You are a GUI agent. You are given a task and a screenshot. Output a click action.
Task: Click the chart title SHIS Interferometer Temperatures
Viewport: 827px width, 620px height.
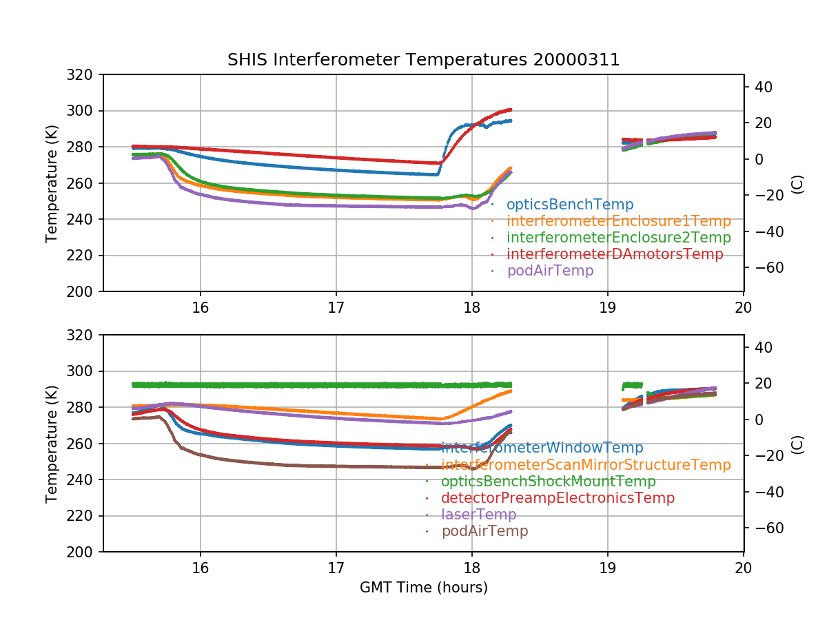coord(423,60)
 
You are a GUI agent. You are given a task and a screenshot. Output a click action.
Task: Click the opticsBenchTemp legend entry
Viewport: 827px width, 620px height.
coord(569,205)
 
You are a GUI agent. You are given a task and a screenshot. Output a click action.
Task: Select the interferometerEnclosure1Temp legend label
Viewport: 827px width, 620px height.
coord(618,221)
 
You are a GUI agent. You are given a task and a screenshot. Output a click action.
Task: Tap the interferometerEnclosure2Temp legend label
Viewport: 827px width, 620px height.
coord(618,238)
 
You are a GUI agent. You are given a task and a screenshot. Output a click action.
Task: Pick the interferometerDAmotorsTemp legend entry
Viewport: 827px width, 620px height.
coord(615,254)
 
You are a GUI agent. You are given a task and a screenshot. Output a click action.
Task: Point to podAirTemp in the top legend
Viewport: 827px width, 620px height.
coord(550,271)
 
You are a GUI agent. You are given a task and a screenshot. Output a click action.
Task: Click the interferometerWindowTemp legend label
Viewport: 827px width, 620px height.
coord(542,448)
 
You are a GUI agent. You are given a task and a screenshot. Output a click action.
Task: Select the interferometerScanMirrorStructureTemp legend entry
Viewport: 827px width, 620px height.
coord(586,465)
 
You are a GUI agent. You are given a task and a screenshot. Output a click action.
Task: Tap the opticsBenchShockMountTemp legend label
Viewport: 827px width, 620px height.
coord(549,482)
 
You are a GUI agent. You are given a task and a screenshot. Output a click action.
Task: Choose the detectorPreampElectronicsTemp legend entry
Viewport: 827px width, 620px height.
coord(558,498)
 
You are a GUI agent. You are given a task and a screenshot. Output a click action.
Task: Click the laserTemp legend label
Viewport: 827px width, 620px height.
coord(478,515)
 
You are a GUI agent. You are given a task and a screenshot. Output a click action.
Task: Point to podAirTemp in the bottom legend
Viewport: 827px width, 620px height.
coord(484,531)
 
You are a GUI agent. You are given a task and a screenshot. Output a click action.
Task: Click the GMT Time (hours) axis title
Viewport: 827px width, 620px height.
coord(423,588)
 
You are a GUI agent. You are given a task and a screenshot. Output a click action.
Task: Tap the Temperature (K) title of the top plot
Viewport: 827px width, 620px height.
coord(52,183)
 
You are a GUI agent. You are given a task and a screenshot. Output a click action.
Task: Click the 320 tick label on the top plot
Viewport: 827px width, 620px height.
coord(83,74)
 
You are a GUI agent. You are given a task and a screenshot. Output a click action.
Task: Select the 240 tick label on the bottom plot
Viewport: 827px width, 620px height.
coord(83,479)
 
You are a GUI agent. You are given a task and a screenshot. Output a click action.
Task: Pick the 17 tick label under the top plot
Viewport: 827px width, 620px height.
coord(336,308)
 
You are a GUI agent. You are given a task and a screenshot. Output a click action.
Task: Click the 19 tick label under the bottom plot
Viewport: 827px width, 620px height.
coord(607,568)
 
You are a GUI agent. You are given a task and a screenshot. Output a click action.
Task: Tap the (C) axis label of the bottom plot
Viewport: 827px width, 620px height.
coord(797,444)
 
